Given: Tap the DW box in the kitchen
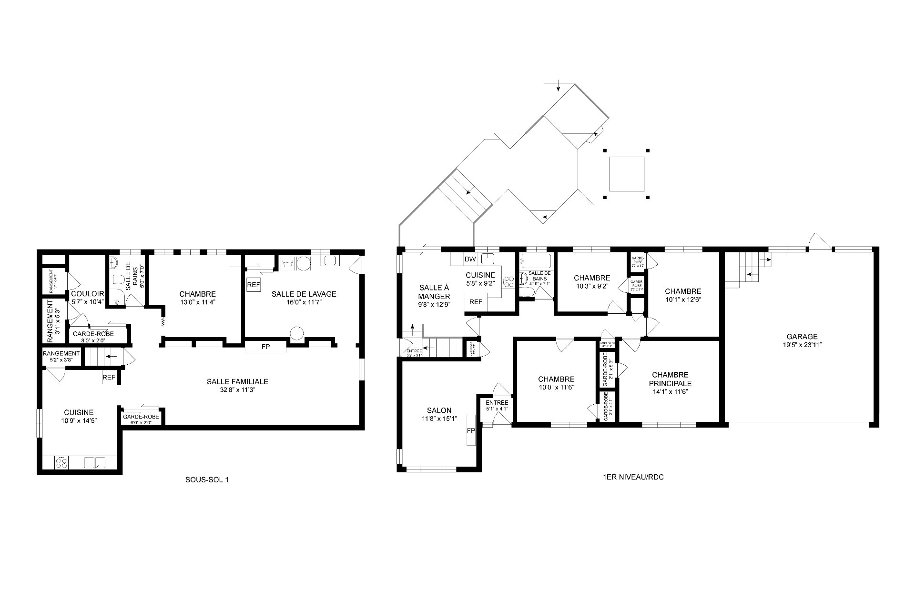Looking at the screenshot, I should pyautogui.click(x=470, y=260).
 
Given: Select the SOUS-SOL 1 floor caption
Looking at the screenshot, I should pyautogui.click(x=207, y=479).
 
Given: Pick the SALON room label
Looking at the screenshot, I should pyautogui.click(x=439, y=410).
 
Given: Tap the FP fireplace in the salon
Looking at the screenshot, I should pyautogui.click(x=471, y=430).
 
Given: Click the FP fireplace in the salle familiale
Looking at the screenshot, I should pyautogui.click(x=265, y=347).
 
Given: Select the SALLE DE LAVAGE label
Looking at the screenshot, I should pyautogui.click(x=304, y=294).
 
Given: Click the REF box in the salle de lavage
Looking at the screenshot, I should pyautogui.click(x=254, y=285).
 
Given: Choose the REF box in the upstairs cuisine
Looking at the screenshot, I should pyautogui.click(x=476, y=302).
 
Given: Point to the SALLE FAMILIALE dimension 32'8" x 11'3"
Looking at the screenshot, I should pyautogui.click(x=237, y=390).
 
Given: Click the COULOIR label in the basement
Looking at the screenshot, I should pyautogui.click(x=87, y=294).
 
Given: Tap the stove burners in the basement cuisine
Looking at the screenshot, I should pyautogui.click(x=62, y=462).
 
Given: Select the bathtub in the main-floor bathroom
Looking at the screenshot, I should pyautogui.click(x=536, y=261).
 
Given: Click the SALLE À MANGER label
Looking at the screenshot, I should pyautogui.click(x=434, y=291).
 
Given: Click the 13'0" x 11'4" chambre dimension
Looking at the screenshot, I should pyautogui.click(x=197, y=302).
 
